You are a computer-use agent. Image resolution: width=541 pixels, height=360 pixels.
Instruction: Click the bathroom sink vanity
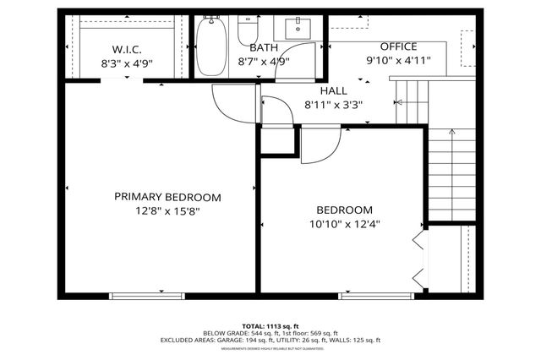[298, 28]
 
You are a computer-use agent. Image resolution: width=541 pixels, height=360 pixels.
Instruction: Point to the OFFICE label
[398, 46]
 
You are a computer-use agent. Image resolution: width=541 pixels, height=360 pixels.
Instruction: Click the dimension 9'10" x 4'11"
[398, 61]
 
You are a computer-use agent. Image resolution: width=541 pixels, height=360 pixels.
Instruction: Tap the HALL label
[333, 90]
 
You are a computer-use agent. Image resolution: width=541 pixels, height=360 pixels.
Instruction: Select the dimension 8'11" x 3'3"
[333, 105]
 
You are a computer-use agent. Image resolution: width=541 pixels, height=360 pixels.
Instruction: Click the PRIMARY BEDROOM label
[167, 197]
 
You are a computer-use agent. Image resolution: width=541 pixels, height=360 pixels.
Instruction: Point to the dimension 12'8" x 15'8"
[167, 211]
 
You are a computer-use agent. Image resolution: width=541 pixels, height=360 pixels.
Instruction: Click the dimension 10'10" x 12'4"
[344, 224]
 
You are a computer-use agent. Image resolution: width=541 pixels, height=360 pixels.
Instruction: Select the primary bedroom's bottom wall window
[135, 295]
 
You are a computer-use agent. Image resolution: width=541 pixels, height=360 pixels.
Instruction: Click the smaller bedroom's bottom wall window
[364, 295]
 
